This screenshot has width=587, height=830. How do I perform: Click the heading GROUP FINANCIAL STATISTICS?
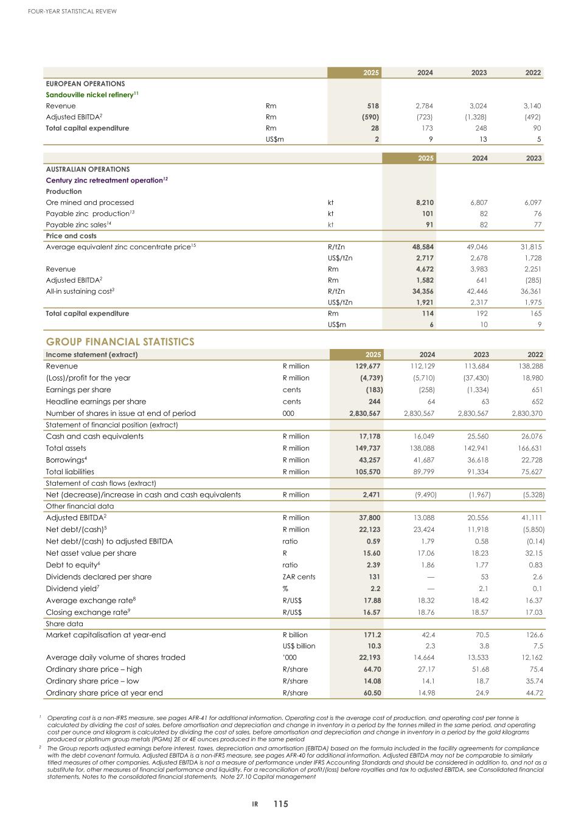(x=120, y=342)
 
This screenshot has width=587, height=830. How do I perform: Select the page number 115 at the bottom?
(x=280, y=804)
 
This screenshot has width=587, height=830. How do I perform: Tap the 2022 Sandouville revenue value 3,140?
(x=532, y=106)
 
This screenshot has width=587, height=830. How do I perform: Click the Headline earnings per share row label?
(x=96, y=401)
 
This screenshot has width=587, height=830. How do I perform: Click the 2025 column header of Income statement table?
(x=373, y=354)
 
